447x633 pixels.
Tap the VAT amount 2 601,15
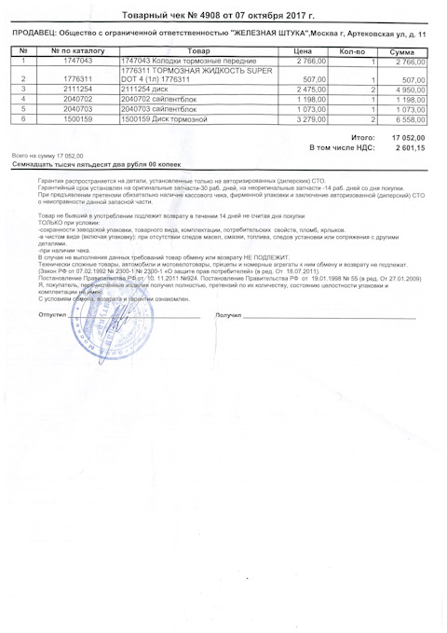point(410,147)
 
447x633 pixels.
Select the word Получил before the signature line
point(228,315)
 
